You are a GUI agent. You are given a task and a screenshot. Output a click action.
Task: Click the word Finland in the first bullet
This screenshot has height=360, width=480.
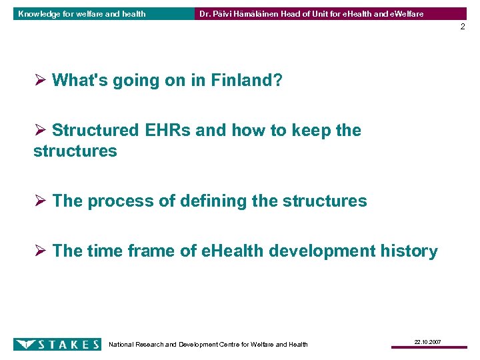point(247,81)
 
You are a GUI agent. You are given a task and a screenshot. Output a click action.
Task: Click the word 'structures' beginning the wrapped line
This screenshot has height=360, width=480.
point(75,151)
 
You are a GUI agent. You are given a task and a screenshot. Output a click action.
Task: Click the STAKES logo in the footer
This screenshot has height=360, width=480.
point(57,344)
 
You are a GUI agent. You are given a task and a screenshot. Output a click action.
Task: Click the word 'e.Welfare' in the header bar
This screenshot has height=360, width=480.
point(404,13)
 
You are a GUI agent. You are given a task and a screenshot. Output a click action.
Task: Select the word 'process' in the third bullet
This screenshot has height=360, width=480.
point(118,201)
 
